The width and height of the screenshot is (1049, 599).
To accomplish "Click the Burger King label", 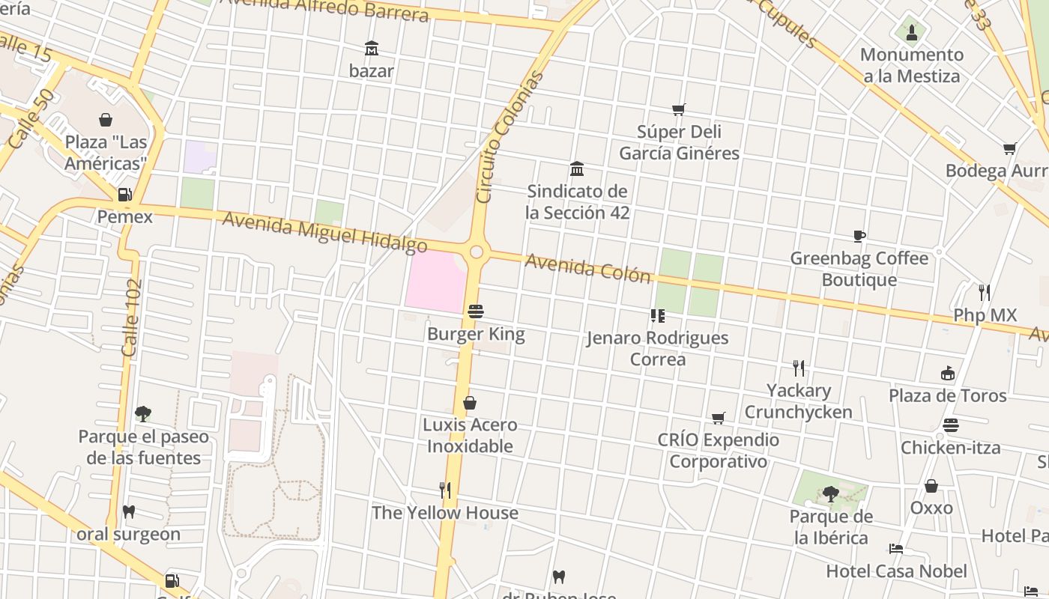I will pos(476,334).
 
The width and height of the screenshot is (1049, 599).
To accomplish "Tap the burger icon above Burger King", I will pos(476,311).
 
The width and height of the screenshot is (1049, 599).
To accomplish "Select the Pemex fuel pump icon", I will pos(124,195).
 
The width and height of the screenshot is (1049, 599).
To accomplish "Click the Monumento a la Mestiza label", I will pos(911,65).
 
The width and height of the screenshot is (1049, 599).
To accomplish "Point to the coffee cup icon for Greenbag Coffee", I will pos(859,237).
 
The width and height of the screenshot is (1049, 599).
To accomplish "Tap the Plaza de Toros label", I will pos(947,395).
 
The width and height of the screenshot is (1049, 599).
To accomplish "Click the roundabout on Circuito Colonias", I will pos(477,252).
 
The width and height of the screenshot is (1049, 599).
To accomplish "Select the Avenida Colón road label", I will pos(587,268).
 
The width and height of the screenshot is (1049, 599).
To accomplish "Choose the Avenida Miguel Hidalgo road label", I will pos(324,232).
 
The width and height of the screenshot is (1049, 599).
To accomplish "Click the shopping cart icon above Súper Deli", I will pos(679,110).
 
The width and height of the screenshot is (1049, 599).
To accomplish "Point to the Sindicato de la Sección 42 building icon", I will pos(577,168).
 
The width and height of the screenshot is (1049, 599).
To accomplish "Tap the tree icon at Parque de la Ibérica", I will pos(830,493).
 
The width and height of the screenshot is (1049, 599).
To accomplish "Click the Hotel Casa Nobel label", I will pos(896,571).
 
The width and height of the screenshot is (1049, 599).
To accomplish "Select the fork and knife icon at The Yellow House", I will pos(445,490).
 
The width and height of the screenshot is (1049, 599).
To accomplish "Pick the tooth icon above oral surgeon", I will pos(129,512).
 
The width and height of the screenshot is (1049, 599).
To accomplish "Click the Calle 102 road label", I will pos(132,317).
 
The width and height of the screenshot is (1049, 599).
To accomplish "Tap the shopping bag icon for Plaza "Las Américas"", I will pos(106,120).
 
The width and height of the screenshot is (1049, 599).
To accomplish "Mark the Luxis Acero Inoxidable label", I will pos(470,435).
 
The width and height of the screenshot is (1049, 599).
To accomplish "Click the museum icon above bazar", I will pos(371,49).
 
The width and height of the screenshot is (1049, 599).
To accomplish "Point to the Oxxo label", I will pos(931,508).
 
